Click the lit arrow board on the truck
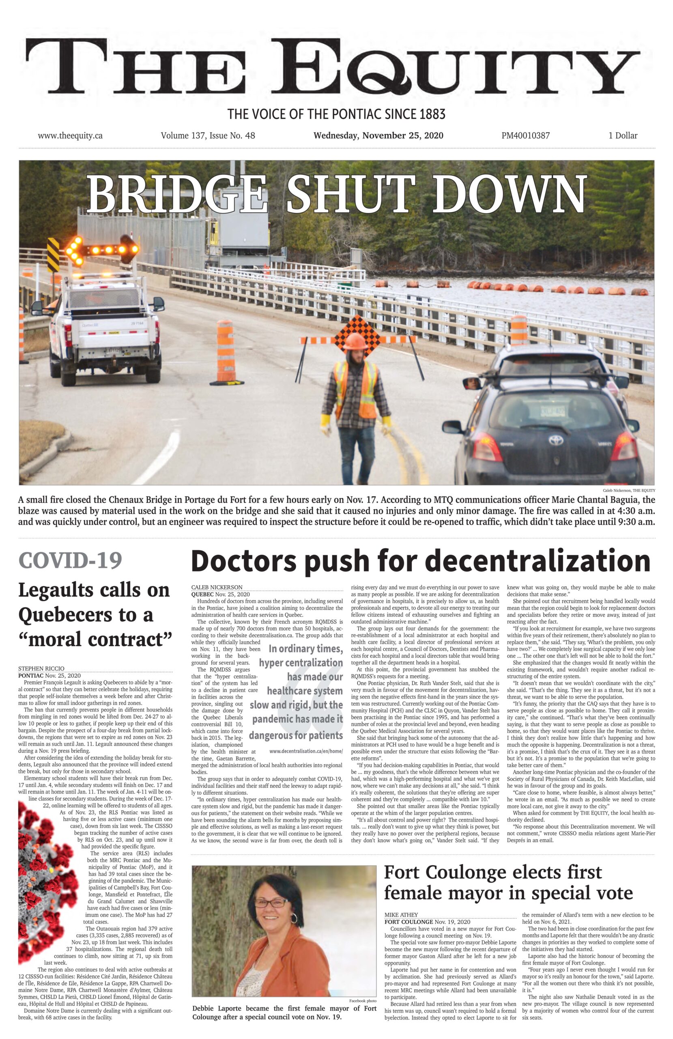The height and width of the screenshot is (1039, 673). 102,250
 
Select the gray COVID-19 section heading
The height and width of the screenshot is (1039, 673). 70,560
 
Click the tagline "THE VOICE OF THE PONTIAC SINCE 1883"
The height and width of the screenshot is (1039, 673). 336,114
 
